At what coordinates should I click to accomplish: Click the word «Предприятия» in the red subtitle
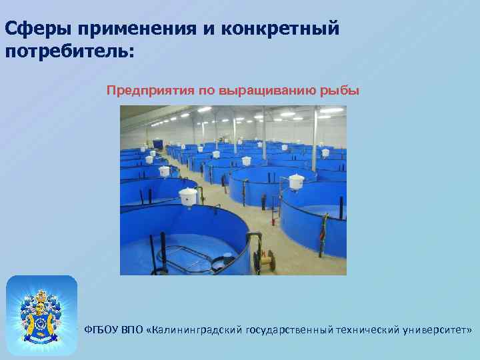pos(149,90)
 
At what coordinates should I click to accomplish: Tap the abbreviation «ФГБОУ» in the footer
pos(101,330)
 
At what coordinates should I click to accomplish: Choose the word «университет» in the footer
pos(438,330)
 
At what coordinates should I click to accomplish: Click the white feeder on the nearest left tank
pos(189,196)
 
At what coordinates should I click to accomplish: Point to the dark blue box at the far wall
pos(158,143)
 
